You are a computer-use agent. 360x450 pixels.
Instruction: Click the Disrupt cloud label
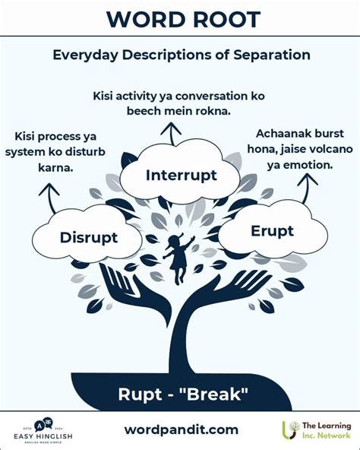coord(88,237)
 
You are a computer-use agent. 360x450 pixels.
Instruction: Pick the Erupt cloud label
coord(271,230)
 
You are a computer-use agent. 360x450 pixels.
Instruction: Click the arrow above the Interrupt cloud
coord(175,135)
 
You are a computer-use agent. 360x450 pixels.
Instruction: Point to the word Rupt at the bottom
coord(141,394)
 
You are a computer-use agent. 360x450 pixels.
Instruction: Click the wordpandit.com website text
coord(181,429)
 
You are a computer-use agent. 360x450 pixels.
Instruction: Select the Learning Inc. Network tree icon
coord(291,430)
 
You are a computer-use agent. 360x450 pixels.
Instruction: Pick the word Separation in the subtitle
coord(270,55)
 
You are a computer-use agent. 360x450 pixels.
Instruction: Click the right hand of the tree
coord(235,290)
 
